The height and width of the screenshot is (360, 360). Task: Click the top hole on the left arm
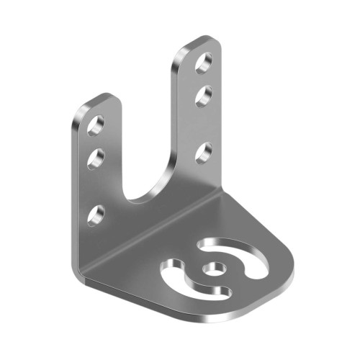pyautogui.click(x=96, y=125)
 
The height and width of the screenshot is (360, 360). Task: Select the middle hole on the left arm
pyautogui.click(x=96, y=157)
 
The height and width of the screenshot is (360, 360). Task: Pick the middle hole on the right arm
pyautogui.click(x=203, y=94)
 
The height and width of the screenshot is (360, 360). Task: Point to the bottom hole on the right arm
pyautogui.click(x=203, y=152)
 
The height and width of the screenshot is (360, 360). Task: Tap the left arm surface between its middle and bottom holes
pyautogui.click(x=96, y=186)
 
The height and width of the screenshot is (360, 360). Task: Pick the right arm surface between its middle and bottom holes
pyautogui.click(x=203, y=123)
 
